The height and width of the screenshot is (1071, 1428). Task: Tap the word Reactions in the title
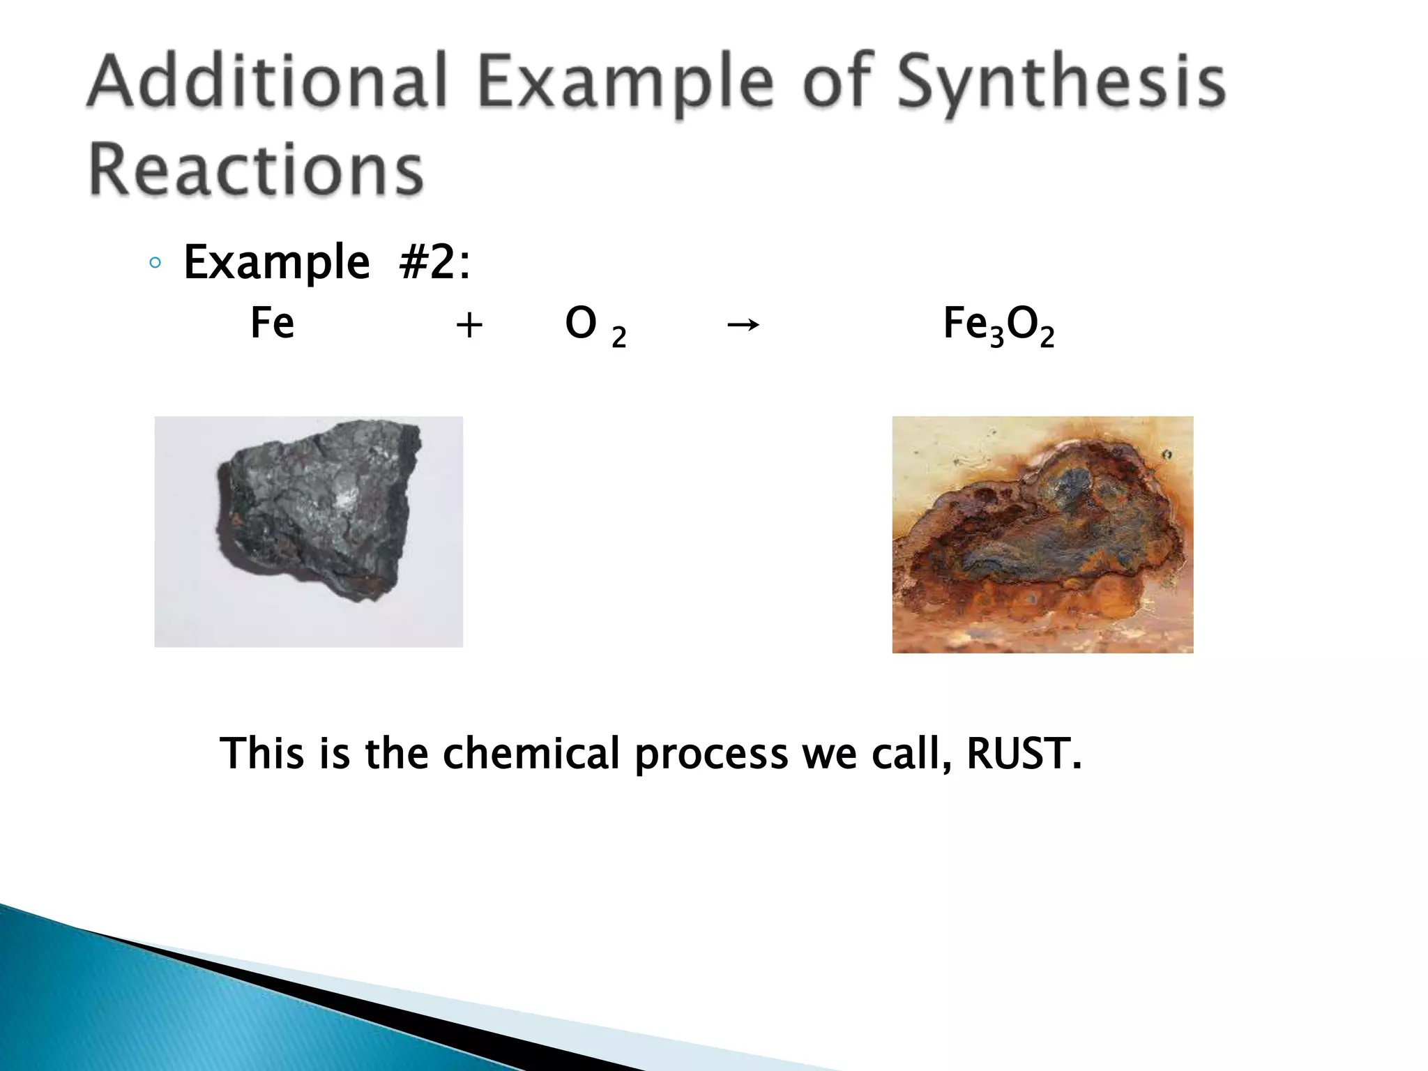tap(257, 169)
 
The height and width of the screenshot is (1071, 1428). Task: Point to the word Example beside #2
tap(276, 263)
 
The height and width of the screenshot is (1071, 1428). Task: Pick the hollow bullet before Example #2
tap(155, 264)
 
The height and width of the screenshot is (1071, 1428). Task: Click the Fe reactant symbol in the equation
tap(272, 324)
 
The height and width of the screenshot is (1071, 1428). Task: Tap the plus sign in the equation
tap(469, 325)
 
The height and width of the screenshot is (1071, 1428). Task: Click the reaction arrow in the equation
tap(743, 324)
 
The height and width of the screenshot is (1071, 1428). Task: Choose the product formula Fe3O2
tap(998, 326)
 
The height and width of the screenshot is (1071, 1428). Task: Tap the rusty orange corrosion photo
tap(1042, 535)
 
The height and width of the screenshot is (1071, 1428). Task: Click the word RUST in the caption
tap(1023, 753)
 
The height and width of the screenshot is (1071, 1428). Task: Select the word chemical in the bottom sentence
tap(531, 753)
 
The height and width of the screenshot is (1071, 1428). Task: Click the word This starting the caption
tap(262, 753)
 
